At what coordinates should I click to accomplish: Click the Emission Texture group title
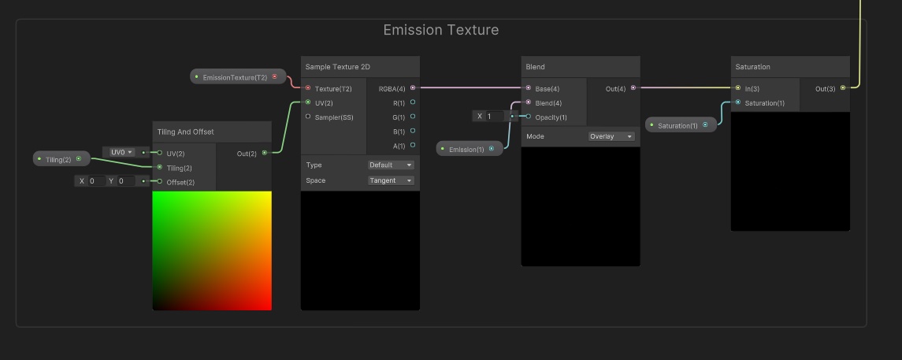440,30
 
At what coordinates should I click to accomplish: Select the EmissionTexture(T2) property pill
238,76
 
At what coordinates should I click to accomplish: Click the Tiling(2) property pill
61,158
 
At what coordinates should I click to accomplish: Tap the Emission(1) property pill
470,149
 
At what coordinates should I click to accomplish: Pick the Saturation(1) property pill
681,124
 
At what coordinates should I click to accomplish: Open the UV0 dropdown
122,152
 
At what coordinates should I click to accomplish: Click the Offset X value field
96,180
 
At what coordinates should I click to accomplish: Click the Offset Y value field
126,180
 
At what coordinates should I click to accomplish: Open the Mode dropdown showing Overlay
611,136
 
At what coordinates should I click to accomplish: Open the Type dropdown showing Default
391,165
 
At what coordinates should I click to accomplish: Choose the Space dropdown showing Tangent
391,180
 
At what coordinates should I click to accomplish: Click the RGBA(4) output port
413,88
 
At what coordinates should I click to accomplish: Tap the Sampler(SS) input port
308,117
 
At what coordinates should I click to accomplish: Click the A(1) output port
413,146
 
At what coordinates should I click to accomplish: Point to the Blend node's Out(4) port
633,88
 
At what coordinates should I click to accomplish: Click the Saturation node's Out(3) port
843,88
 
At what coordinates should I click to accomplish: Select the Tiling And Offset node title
185,132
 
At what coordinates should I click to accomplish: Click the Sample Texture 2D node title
338,67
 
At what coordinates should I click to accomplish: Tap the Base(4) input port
528,88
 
